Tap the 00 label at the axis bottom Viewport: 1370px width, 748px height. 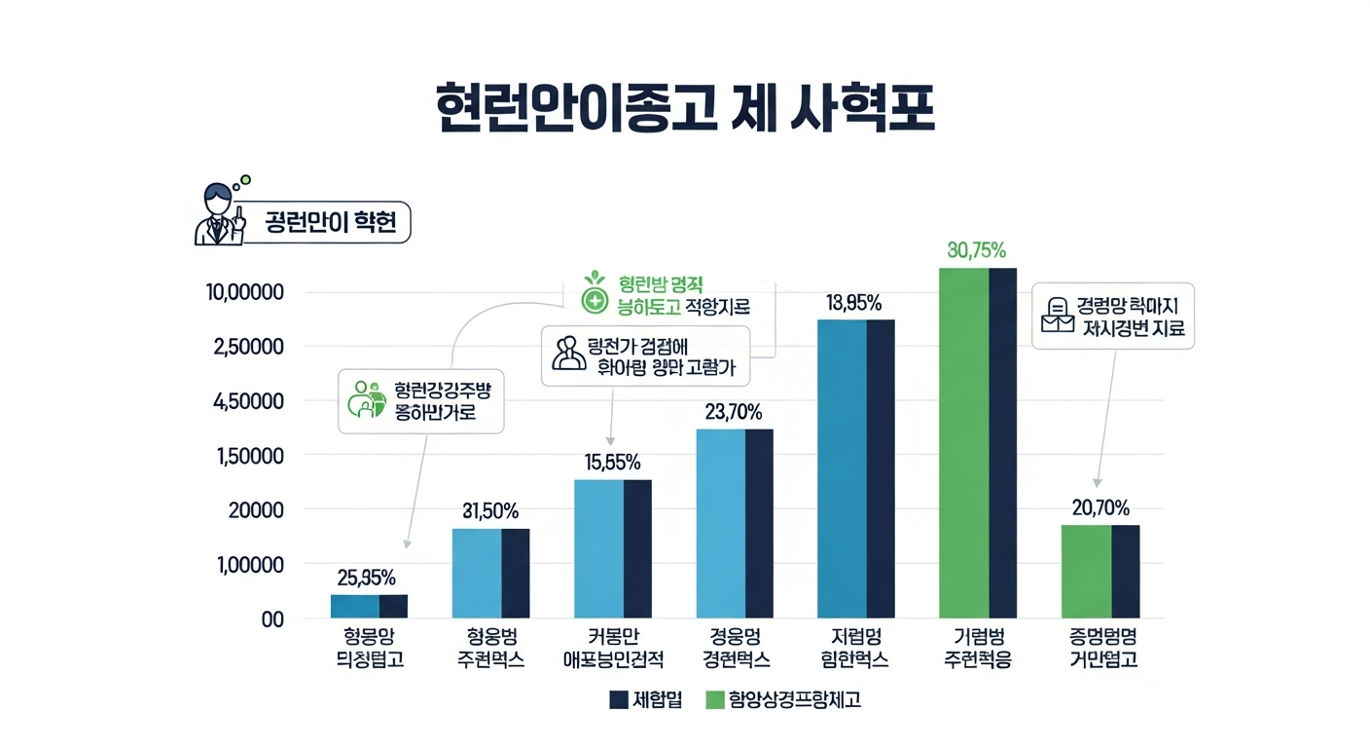click(271, 619)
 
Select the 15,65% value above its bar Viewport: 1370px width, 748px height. click(613, 463)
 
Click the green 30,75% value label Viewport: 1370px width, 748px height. click(976, 250)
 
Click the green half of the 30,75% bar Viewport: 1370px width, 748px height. click(963, 443)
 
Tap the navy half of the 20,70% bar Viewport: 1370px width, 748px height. click(1125, 572)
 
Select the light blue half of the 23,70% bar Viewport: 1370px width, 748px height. click(721, 524)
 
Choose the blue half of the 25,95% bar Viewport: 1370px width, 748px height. click(355, 606)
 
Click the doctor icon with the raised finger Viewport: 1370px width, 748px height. click(220, 214)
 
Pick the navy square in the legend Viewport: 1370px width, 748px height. click(618, 699)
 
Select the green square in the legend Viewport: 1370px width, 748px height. click(715, 699)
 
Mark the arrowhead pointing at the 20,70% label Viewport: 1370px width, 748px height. click(1097, 482)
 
